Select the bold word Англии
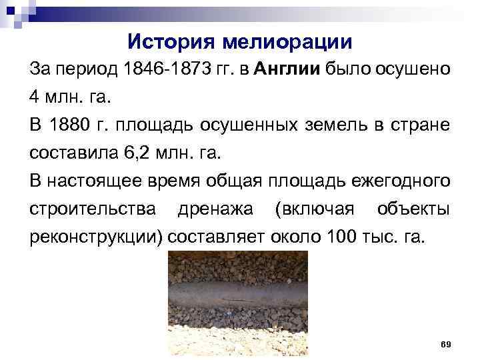287,69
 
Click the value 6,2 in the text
136,153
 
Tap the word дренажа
215,209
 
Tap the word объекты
413,209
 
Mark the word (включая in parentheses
314,209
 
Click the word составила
73,153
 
